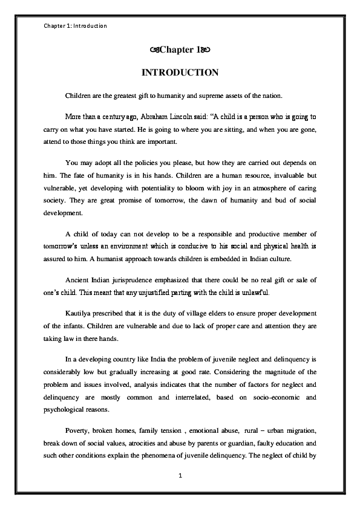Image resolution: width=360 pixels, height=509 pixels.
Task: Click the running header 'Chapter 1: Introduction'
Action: tap(76, 26)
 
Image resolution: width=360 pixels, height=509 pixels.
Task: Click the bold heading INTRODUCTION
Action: tap(180, 73)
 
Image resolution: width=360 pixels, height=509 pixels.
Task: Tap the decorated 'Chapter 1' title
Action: tap(180, 48)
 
